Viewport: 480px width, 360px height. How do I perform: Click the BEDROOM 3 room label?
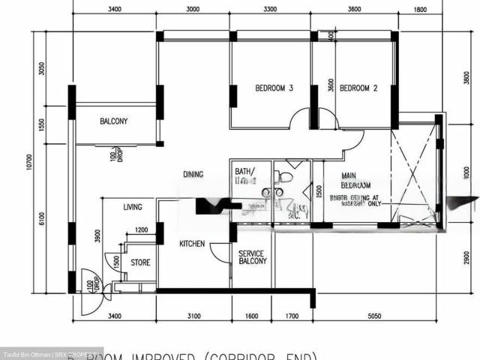pyautogui.click(x=274, y=88)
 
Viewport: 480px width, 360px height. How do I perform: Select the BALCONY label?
pyautogui.click(x=113, y=121)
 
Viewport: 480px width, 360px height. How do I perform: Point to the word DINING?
pyautogui.click(x=193, y=175)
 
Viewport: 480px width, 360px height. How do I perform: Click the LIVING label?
pyautogui.click(x=133, y=207)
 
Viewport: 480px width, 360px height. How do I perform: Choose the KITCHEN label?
pyautogui.click(x=193, y=244)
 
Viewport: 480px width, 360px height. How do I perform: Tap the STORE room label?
pyautogui.click(x=140, y=263)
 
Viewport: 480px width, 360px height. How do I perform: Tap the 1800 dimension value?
pyautogui.click(x=419, y=10)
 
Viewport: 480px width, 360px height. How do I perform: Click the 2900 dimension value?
pyautogui.click(x=466, y=257)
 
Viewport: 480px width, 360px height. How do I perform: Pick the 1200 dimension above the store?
pyautogui.click(x=142, y=230)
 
